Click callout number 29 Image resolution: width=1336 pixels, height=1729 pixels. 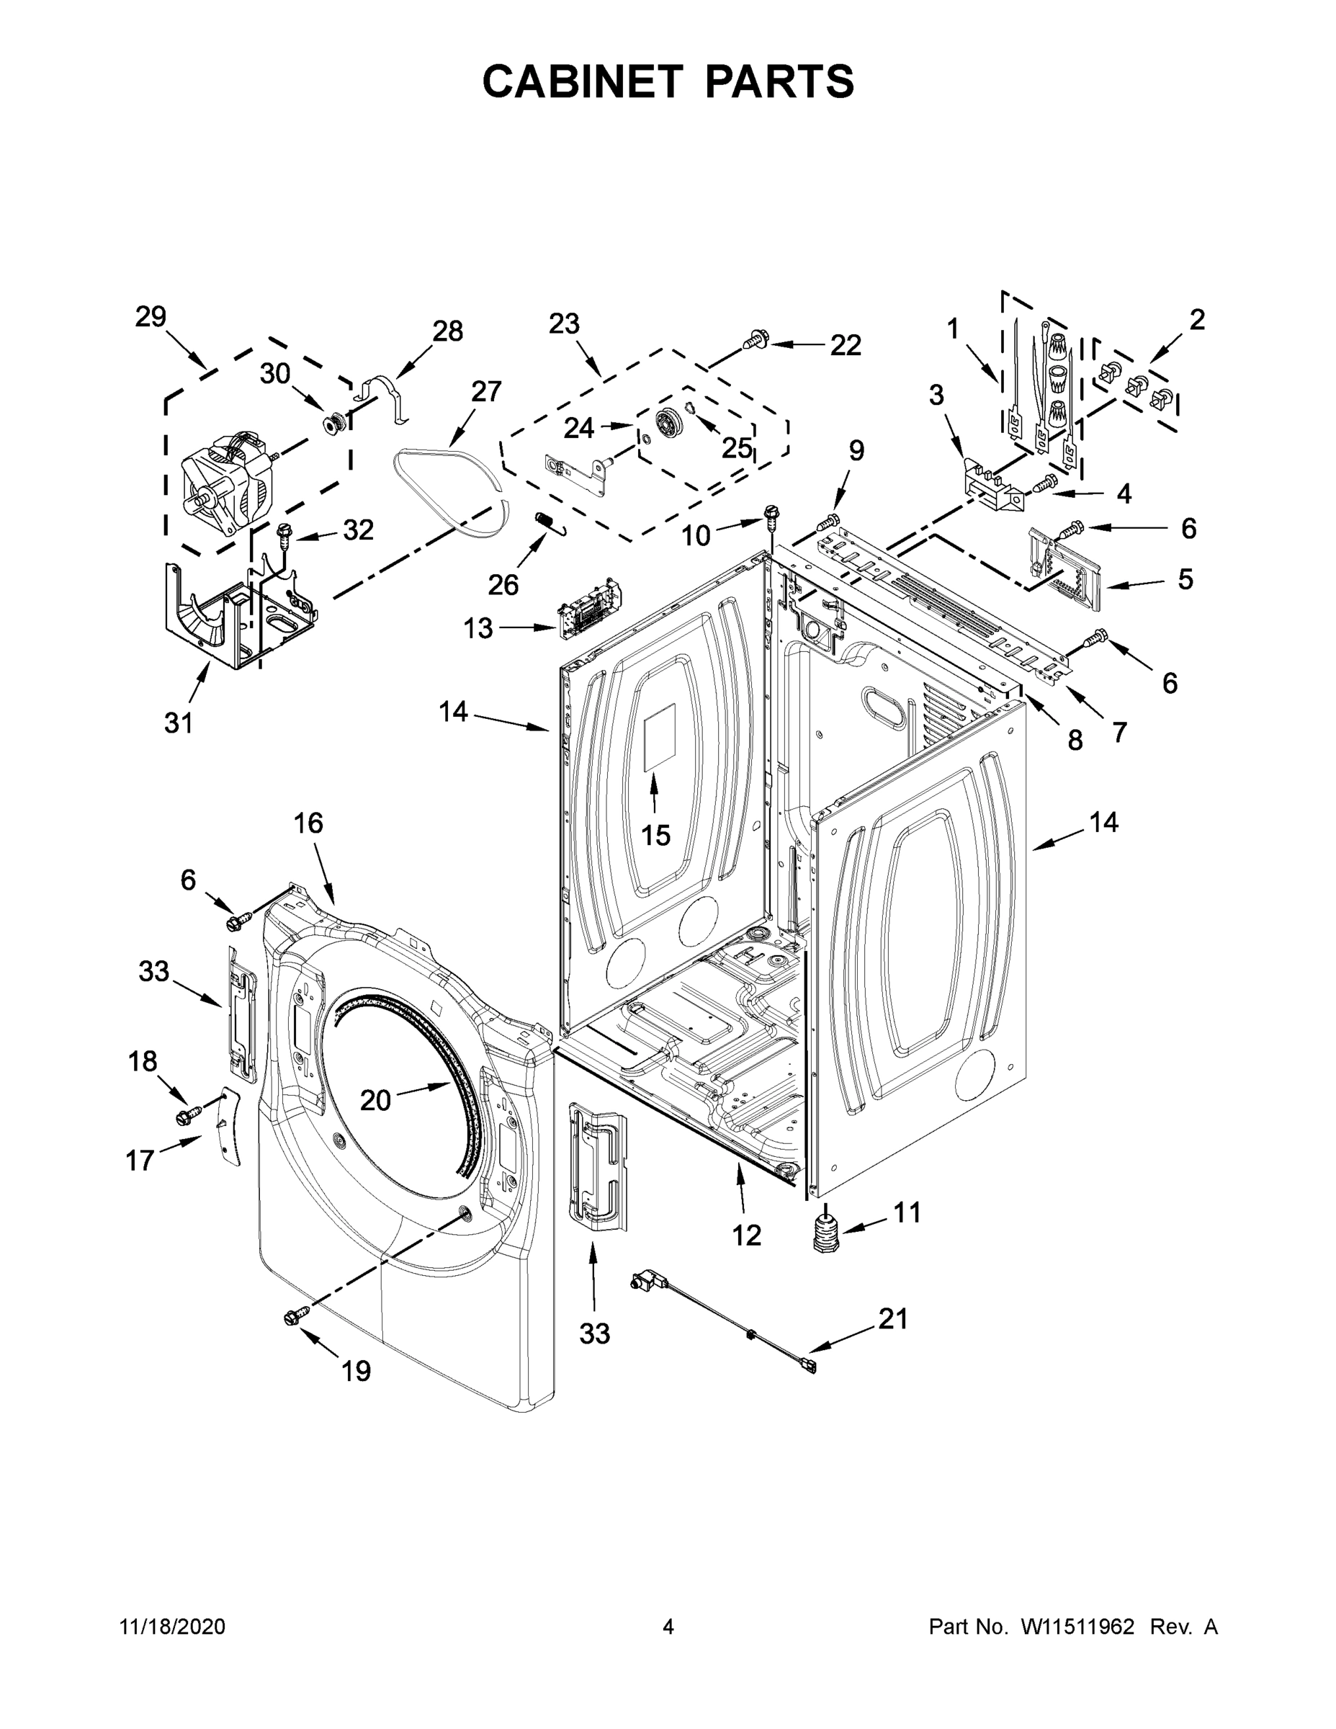point(151,317)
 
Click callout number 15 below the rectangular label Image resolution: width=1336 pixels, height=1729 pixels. point(655,834)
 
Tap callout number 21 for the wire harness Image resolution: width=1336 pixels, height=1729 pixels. point(893,1318)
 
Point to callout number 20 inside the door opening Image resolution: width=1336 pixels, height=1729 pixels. point(375,1099)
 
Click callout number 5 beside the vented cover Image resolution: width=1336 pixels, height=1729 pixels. point(1185,579)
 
